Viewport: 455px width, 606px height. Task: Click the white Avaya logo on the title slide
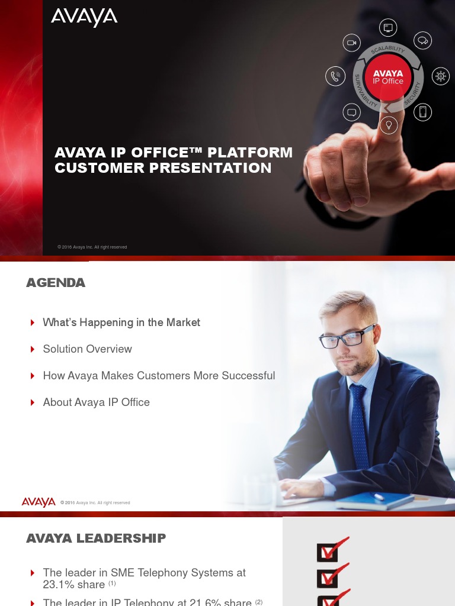click(x=84, y=18)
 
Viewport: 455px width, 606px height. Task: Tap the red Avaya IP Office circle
click(x=388, y=78)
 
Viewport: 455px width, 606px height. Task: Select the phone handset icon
click(x=335, y=76)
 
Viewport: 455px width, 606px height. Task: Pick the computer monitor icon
click(x=388, y=28)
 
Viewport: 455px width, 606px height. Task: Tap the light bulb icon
click(x=389, y=125)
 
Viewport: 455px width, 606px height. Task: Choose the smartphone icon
click(x=422, y=112)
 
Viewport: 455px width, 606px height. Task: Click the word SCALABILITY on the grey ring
click(x=388, y=50)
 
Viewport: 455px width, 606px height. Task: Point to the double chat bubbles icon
click(x=422, y=41)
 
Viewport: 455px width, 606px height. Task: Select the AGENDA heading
click(x=56, y=283)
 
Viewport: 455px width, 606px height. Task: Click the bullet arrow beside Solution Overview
click(x=33, y=349)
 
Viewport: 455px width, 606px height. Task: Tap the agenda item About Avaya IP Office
click(x=96, y=402)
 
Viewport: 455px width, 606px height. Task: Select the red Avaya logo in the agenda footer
click(x=39, y=502)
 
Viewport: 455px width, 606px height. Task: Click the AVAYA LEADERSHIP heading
click(x=96, y=538)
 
